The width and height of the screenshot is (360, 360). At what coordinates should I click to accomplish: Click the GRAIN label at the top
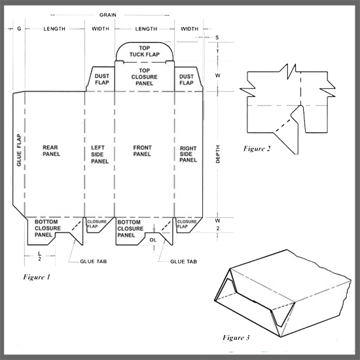(108, 15)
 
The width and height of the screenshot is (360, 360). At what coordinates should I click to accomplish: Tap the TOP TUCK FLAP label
(145, 51)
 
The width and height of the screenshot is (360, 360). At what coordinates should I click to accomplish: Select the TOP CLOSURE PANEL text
(145, 77)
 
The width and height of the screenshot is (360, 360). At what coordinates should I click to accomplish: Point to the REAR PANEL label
(51, 151)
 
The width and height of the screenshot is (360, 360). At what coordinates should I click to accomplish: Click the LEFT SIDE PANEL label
(99, 154)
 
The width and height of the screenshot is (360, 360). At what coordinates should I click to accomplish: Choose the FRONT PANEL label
(142, 151)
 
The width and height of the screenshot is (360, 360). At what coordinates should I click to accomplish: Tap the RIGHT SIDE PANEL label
(188, 154)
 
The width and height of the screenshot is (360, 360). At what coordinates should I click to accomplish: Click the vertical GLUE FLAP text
(19, 150)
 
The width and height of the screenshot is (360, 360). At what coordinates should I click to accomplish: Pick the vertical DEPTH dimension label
(218, 154)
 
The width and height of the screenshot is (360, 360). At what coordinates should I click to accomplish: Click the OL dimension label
(153, 240)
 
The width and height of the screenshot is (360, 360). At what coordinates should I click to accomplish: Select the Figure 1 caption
(37, 277)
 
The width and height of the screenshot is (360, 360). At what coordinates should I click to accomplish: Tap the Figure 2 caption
(257, 149)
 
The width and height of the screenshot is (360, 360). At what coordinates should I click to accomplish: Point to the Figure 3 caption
(236, 338)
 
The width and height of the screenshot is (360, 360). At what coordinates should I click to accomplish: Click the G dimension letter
(19, 29)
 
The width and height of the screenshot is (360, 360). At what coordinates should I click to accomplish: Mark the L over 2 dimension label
(39, 256)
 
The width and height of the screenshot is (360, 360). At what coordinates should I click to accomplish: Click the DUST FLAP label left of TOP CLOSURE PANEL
(101, 79)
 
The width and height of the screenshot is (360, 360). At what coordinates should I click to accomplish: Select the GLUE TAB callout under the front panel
(183, 262)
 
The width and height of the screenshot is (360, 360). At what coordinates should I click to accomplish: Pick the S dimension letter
(217, 37)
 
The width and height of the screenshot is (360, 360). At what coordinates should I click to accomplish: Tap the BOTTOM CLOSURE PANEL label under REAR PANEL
(48, 228)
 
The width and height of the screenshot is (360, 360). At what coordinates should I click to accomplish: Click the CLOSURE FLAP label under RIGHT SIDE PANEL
(187, 224)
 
